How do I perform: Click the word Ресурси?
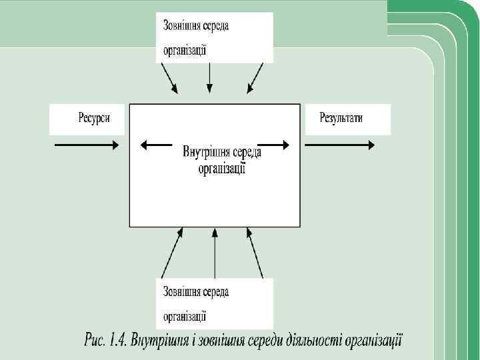point(91,118)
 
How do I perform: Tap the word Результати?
point(341,118)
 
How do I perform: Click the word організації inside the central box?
point(221,169)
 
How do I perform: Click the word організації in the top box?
point(184,49)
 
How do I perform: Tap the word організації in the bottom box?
point(184,315)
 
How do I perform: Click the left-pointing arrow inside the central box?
point(154,143)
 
